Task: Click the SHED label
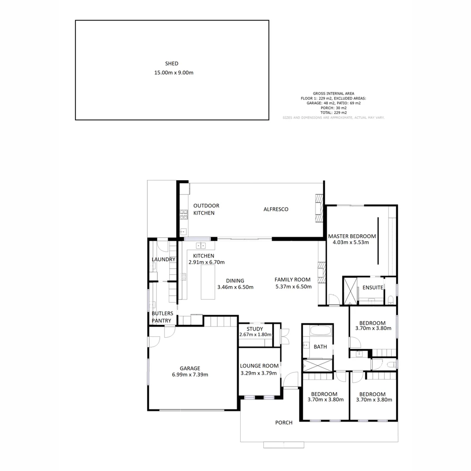[172, 64]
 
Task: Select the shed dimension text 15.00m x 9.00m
[174, 73]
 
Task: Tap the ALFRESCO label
[276, 209]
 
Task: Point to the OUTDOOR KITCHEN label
[206, 209]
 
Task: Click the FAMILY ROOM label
[292, 280]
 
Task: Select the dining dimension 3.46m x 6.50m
[235, 287]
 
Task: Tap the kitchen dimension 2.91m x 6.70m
[206, 262]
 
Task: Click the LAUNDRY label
[163, 259]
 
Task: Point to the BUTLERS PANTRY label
[162, 317]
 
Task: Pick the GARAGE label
[190, 368]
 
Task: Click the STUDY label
[255, 329]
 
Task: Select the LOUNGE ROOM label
[259, 366]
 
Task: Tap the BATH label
[320, 347]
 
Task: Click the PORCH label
[283, 423]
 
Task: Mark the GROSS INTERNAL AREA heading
[333, 93]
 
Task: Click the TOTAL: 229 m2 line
[333, 113]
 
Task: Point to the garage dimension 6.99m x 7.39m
[190, 375]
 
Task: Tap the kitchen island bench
[208, 283]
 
